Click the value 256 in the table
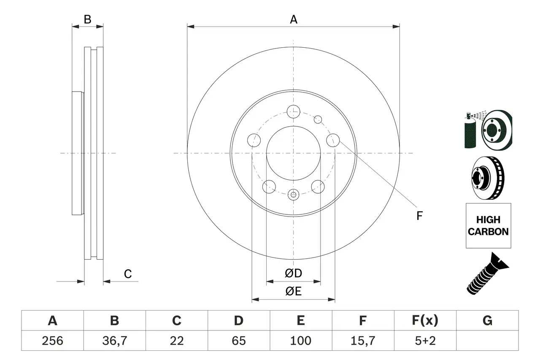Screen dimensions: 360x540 click(x=53, y=341)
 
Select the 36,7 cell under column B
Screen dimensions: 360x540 click(x=114, y=341)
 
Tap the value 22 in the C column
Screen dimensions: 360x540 click(x=176, y=341)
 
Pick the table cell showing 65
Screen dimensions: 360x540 click(x=238, y=341)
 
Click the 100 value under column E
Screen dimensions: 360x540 click(x=300, y=341)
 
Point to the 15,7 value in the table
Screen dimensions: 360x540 click(x=362, y=341)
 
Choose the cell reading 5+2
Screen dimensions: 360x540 click(x=425, y=341)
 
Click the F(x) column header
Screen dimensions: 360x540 click(x=425, y=321)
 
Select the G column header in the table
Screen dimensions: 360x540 click(x=487, y=321)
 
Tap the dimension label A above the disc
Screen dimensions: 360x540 click(x=293, y=19)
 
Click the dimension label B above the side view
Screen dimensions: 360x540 click(x=87, y=19)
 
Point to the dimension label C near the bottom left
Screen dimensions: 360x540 click(x=127, y=274)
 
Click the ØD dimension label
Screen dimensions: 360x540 click(x=293, y=273)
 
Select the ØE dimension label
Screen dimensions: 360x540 click(x=293, y=292)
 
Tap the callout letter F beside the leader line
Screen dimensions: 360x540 click(x=419, y=216)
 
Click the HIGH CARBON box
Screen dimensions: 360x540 click(x=488, y=226)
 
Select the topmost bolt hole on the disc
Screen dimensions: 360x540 click(x=293, y=112)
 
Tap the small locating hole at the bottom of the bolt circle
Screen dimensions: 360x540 click(x=293, y=194)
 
